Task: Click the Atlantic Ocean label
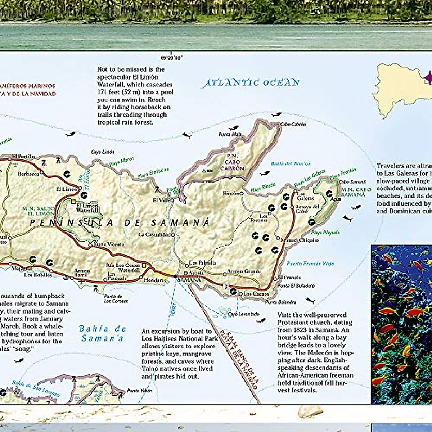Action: pyautogui.click(x=251, y=83)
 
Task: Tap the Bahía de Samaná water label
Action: pyautogui.click(x=103, y=333)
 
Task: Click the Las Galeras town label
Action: pyautogui.click(x=305, y=196)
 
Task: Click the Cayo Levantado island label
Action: pyautogui.click(x=244, y=314)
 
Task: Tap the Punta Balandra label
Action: pyautogui.click(x=280, y=302)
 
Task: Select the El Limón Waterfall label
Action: pyautogui.click(x=87, y=208)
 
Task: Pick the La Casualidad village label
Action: pyautogui.click(x=154, y=234)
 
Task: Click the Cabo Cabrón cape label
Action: pyautogui.click(x=293, y=124)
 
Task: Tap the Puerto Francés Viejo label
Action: pyautogui.click(x=310, y=264)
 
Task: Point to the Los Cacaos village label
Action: pyautogui.click(x=256, y=294)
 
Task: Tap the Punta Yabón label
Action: pyautogui.click(x=140, y=391)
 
